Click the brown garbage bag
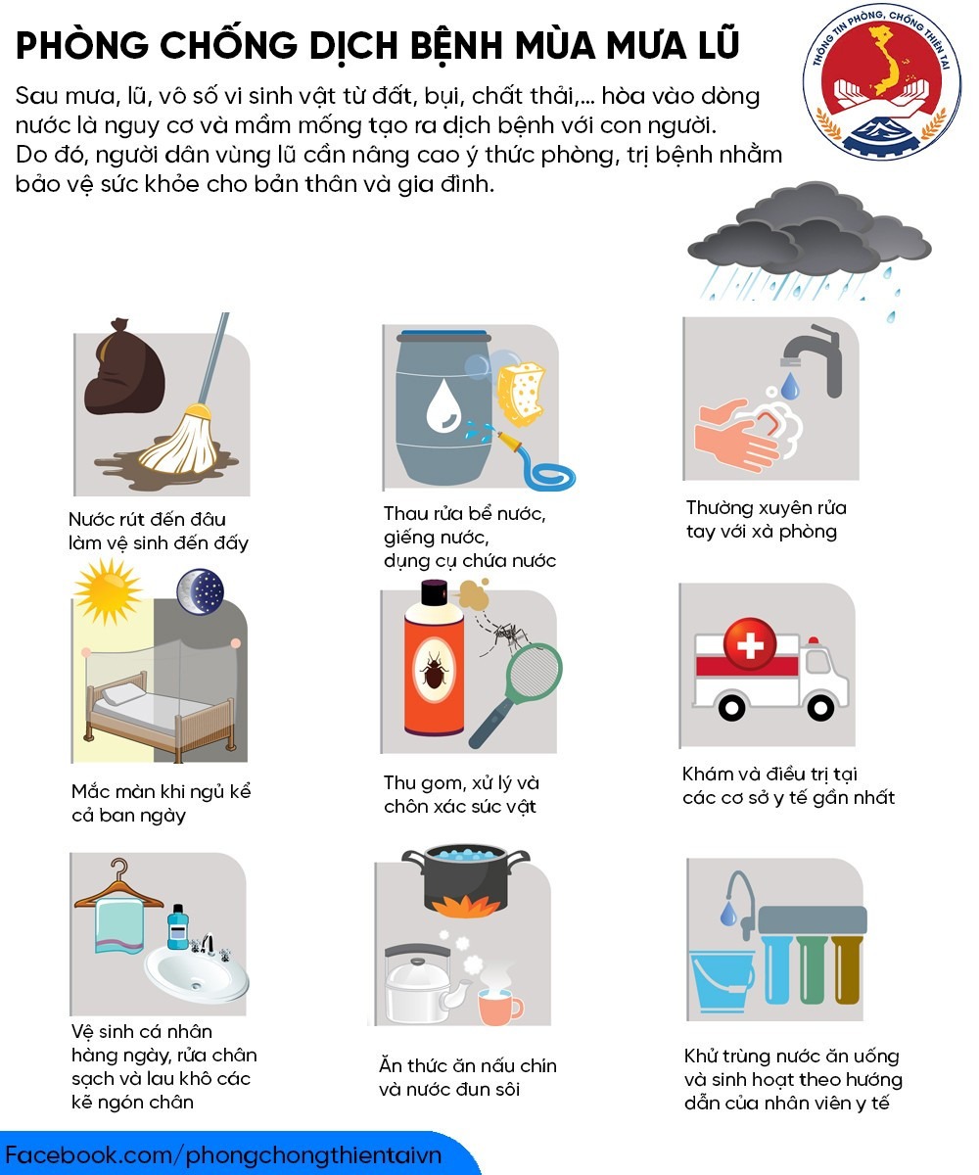coord(125,367)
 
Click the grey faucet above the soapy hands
coord(814,359)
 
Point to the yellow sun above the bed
coord(108,591)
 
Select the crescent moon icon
coord(201,592)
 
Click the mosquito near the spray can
coord(507,635)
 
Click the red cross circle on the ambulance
coord(750,644)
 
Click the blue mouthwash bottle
coord(178,927)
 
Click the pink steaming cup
coord(499,1007)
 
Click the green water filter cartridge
coord(812,969)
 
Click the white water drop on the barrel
coord(443,405)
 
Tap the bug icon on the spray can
coord(435,669)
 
